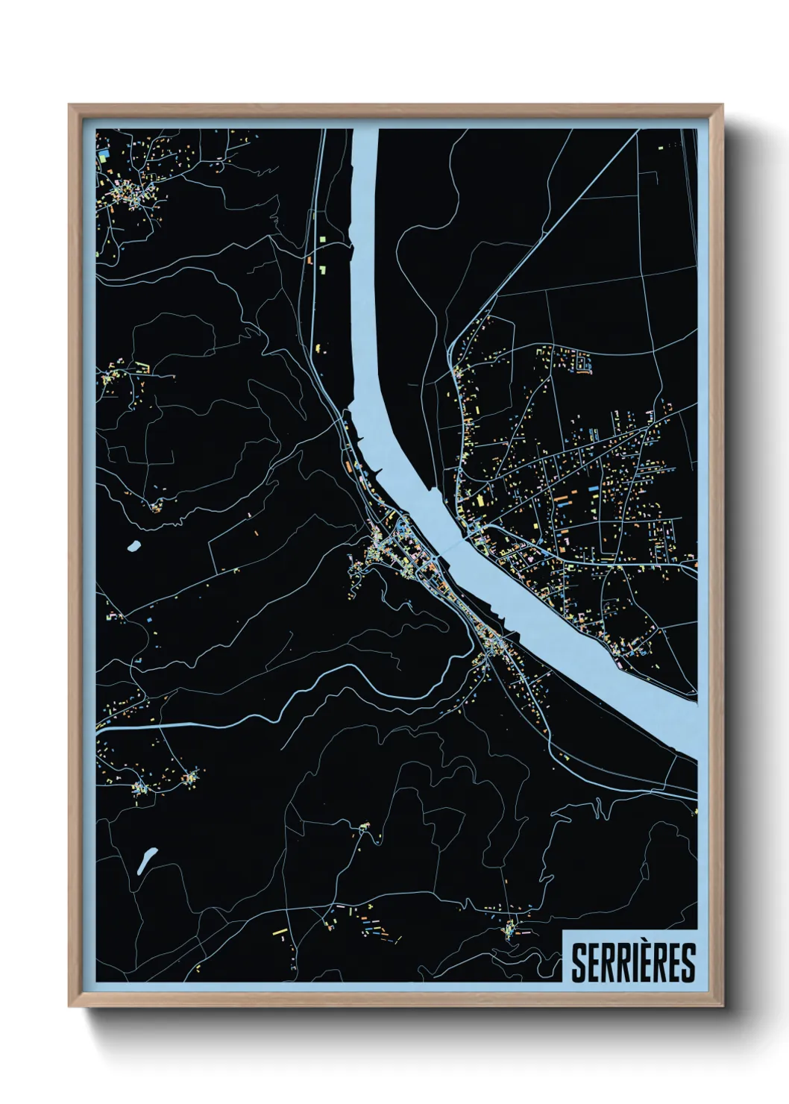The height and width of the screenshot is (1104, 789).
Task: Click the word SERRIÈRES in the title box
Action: click(x=632, y=962)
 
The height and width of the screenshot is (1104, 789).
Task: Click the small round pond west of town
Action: click(x=134, y=546)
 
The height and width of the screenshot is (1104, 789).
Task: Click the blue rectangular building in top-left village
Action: click(x=104, y=156)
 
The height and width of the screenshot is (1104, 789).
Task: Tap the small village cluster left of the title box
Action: click(x=511, y=929)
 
